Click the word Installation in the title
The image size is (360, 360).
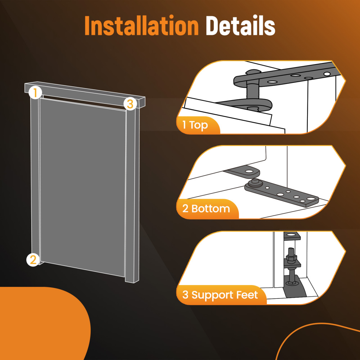point(141,26)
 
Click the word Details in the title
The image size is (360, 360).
point(240,26)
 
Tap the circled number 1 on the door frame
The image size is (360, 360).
point(35,93)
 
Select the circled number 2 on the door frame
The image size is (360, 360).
point(33,259)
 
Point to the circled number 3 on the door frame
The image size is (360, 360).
point(130,104)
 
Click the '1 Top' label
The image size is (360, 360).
point(195,125)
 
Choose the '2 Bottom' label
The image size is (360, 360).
point(206,209)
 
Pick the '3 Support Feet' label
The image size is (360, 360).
point(220,295)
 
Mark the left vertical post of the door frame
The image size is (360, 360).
point(35,176)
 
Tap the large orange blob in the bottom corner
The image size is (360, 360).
point(40,324)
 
